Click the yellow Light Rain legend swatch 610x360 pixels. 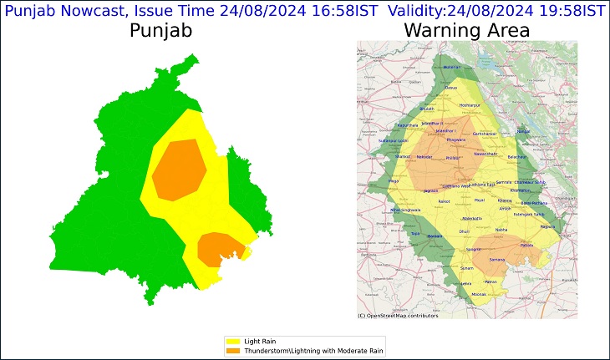pos(232,341)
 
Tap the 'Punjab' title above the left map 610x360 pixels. pos(161,31)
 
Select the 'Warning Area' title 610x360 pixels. pos(466,31)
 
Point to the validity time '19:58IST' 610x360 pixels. pos(569,11)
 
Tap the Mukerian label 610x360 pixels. pos(451,66)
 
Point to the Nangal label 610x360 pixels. pos(524,131)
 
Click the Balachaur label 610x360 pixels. pos(518,157)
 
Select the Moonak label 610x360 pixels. pos(479,295)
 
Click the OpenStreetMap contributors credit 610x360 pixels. pos(398,316)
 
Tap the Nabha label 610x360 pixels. pos(501,230)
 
